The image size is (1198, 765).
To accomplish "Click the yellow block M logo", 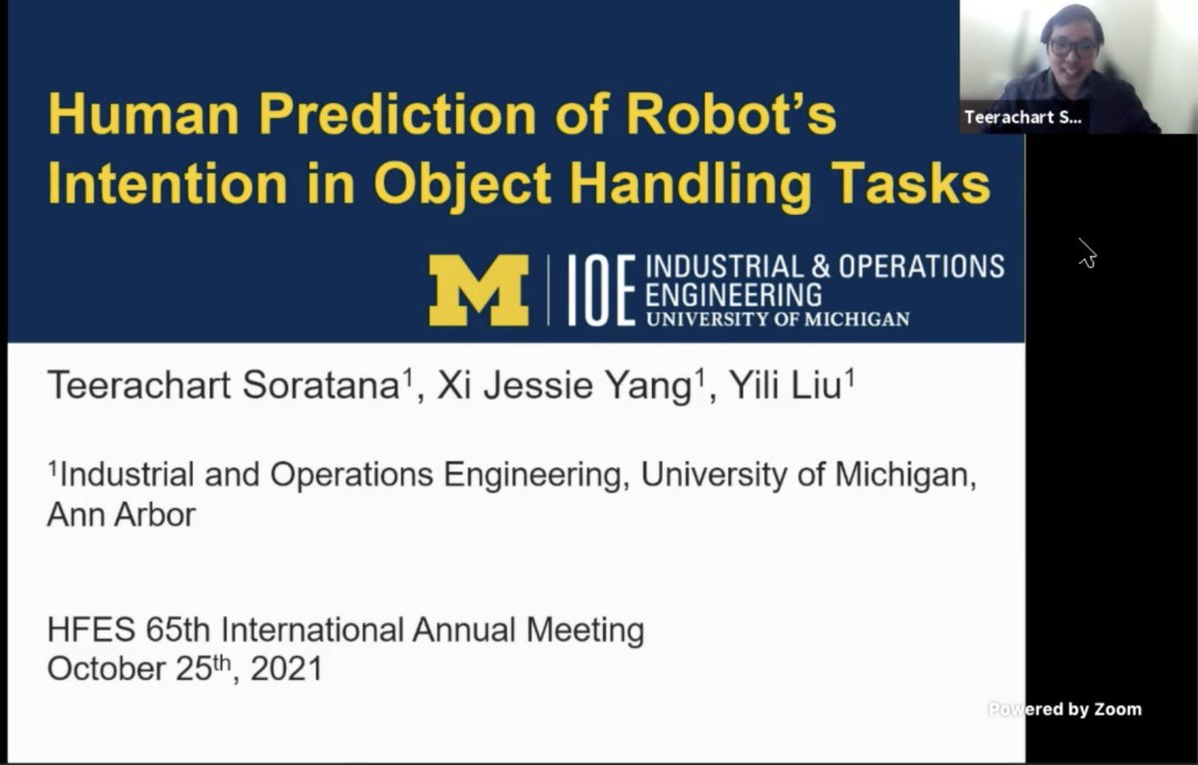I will pos(478,290).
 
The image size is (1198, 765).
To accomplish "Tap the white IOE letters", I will pos(602,291).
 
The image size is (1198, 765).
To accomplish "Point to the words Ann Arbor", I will pos(122,514).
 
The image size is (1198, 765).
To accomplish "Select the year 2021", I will pos(287,668).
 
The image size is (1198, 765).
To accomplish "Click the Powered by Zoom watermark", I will pos(1065,709).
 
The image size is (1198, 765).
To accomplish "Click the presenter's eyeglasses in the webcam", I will pos(1074,47).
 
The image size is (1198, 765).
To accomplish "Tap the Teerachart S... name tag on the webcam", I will pos(1022,117).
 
